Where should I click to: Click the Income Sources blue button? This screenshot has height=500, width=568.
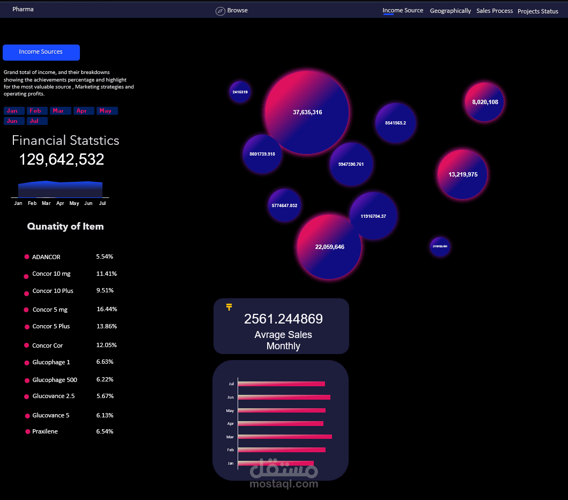click(x=41, y=52)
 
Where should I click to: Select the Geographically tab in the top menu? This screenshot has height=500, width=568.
click(x=450, y=11)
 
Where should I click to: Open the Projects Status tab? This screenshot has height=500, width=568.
click(x=537, y=11)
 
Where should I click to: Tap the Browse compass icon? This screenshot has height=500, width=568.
click(x=220, y=11)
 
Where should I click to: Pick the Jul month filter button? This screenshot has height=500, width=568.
click(x=37, y=121)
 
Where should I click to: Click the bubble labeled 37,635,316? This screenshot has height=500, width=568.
click(x=307, y=113)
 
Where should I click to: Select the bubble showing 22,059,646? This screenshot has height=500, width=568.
click(x=329, y=247)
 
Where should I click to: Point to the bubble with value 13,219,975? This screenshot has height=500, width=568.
click(x=462, y=174)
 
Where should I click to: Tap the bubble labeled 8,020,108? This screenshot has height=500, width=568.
click(x=484, y=102)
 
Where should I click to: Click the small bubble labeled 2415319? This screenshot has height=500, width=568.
click(x=240, y=92)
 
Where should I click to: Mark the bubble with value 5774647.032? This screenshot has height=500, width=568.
click(x=284, y=205)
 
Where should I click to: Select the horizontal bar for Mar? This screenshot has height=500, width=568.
click(x=285, y=437)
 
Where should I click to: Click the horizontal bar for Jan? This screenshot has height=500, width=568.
click(x=276, y=463)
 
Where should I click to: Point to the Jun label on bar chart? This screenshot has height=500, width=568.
click(x=231, y=398)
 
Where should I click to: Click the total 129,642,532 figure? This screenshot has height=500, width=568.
click(x=62, y=159)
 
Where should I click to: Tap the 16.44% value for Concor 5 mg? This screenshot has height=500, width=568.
click(x=107, y=309)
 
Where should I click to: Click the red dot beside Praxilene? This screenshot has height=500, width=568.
click(x=28, y=432)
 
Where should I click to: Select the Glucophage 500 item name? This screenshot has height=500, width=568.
click(x=55, y=380)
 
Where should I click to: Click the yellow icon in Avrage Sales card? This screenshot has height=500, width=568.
click(x=229, y=307)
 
